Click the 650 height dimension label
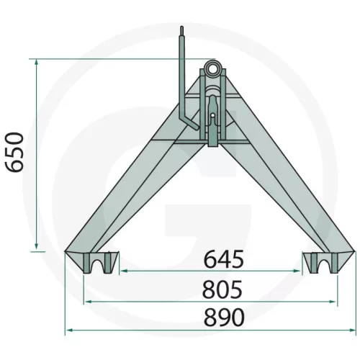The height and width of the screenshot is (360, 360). coord(15,152)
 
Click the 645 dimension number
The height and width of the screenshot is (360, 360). coord(224,259)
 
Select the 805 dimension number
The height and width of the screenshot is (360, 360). coord(222,289)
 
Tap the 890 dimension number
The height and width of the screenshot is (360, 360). coord(224,318)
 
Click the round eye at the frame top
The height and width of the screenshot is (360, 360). coord(212,68)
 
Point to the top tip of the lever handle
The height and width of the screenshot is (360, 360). coord(182,27)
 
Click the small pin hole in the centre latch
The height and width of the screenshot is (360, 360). coord(212,115)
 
